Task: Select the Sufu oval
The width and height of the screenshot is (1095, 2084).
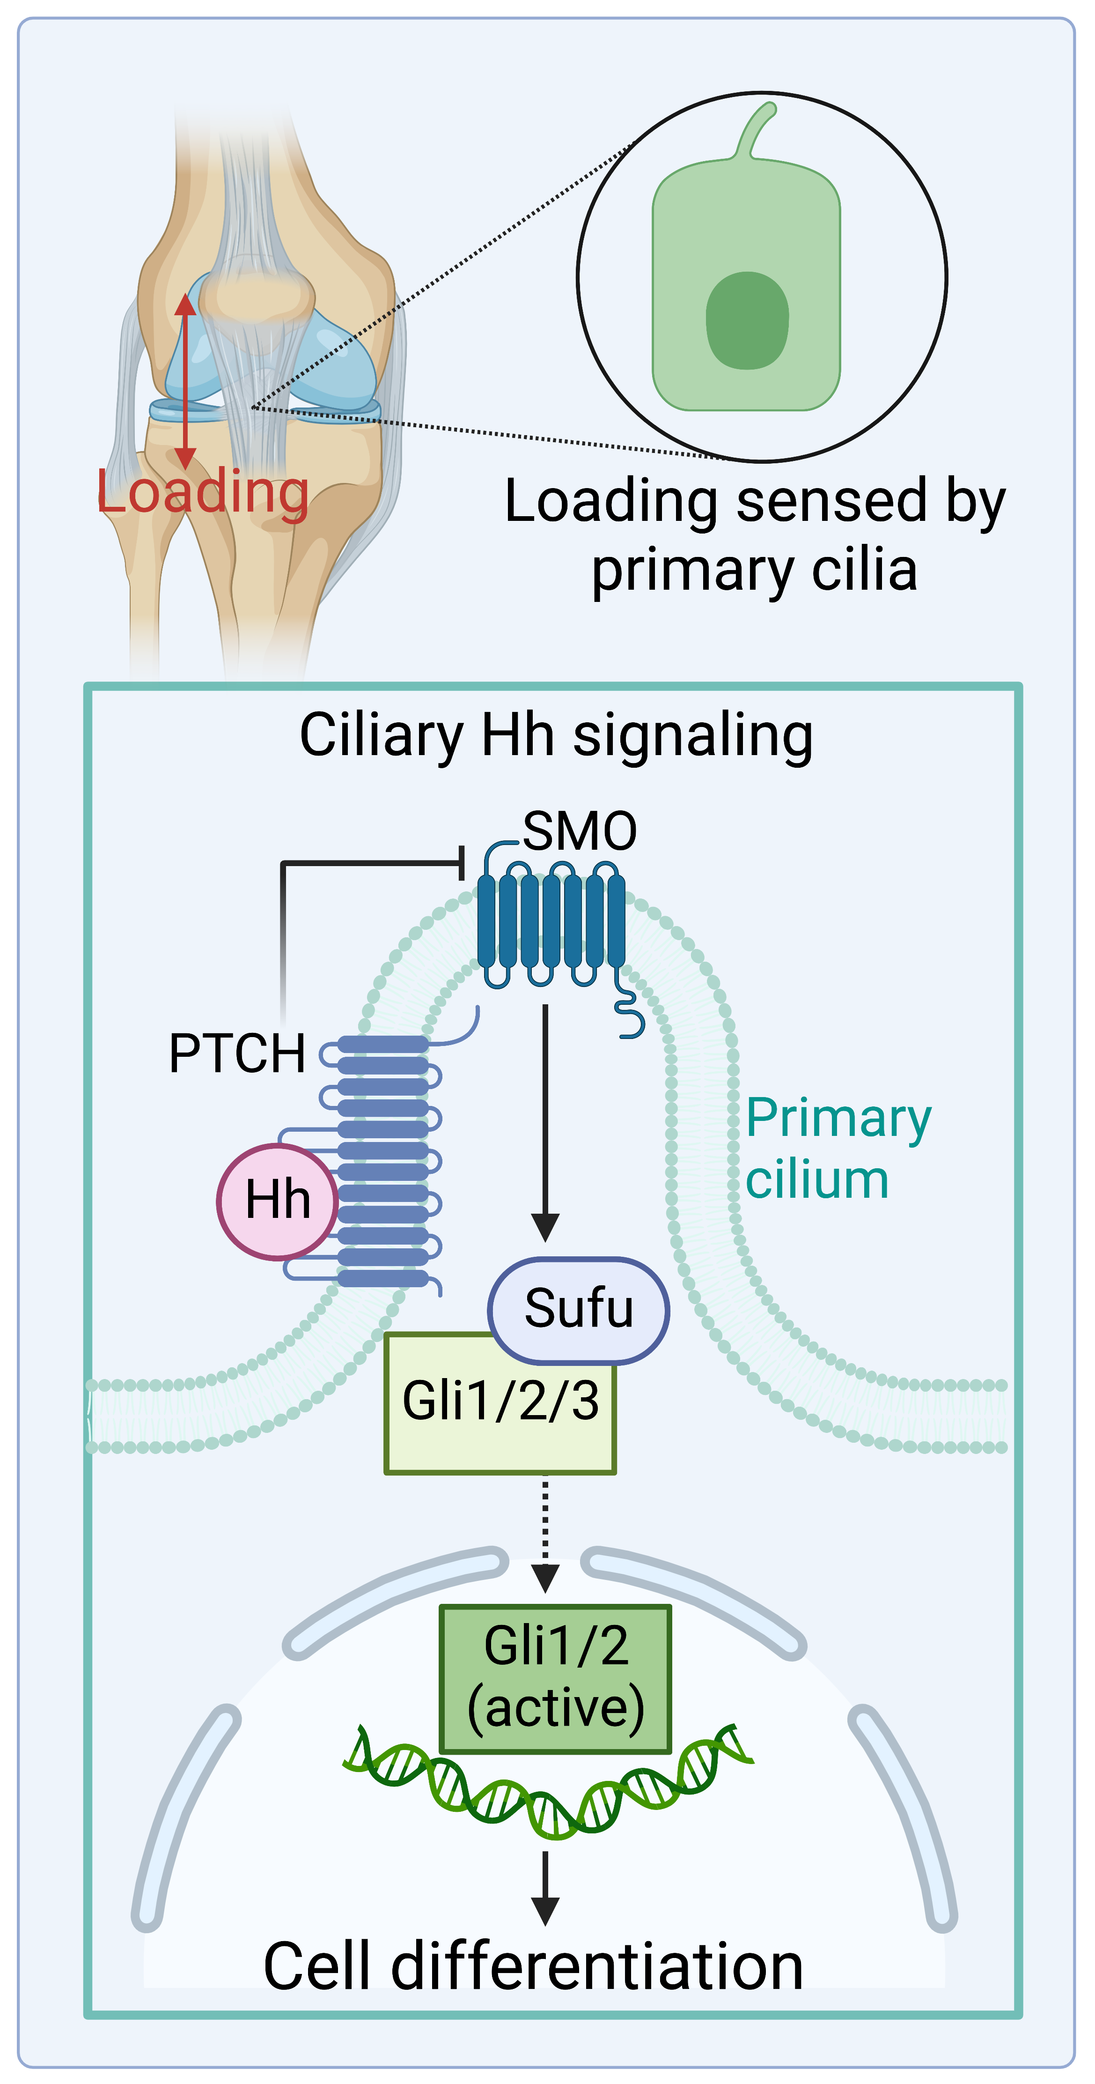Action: (578, 1309)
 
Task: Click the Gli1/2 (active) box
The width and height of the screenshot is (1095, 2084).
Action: (556, 1678)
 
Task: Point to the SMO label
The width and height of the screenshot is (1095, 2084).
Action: (580, 831)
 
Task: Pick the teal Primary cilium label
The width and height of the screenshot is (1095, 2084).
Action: (837, 1149)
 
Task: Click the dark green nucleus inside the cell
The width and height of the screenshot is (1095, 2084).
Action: (747, 320)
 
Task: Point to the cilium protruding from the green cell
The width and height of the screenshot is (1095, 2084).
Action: (758, 129)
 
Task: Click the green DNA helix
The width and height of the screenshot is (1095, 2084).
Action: (550, 1788)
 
